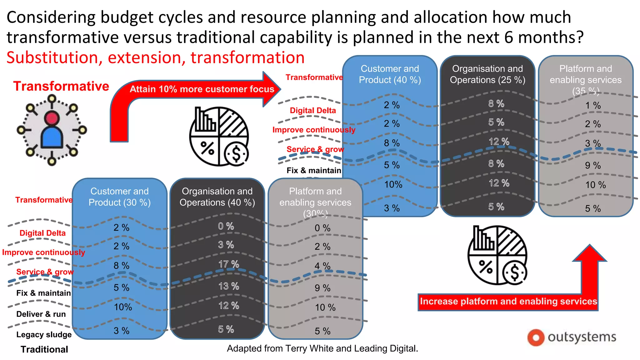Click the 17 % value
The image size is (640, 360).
coord(229,264)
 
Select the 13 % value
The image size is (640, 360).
coord(229,286)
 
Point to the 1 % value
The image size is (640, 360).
coord(593,106)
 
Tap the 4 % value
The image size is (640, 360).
coord(322,266)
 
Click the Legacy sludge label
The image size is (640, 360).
coord(44,335)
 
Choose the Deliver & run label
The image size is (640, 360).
coord(41,314)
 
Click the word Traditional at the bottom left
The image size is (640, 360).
coord(44,349)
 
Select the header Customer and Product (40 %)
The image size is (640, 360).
coord(390,74)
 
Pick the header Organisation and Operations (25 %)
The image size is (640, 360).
coord(487,74)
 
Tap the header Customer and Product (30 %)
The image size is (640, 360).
coord(119,197)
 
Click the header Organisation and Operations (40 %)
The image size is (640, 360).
coord(217,197)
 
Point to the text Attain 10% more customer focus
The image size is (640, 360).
coord(202,89)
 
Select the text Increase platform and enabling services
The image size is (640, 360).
coord(508,302)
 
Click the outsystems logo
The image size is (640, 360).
coord(572,337)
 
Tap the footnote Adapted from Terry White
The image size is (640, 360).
coord(322,348)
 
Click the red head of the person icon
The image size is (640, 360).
coord(52,118)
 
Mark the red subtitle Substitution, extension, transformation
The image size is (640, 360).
coord(155,58)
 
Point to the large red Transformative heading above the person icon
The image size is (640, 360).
coord(61,86)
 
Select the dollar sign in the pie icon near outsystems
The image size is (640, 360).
coord(514,273)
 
